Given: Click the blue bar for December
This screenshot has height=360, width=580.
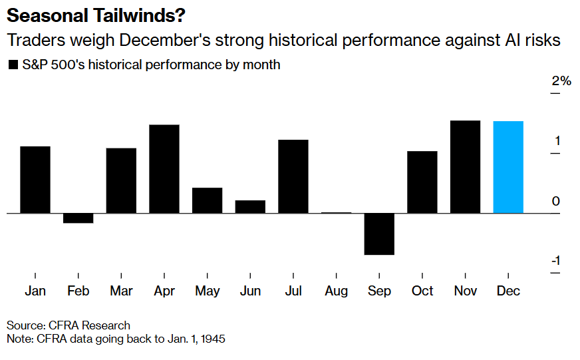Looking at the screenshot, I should point(508,167).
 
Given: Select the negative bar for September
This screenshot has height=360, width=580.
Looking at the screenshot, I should point(379,234).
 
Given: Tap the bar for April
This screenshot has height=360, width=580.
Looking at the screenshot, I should point(164,169).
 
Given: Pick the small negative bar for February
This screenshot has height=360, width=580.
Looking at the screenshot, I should point(78,218).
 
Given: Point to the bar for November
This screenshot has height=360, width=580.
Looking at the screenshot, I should point(465,167).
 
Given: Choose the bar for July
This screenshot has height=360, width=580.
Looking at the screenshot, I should point(293,176).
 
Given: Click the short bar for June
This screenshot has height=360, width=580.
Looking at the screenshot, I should point(250,206).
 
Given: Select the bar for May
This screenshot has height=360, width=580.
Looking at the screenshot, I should point(208,200).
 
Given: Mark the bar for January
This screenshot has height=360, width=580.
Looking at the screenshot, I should point(35,180).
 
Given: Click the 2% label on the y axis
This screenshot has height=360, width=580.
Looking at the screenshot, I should point(561,81).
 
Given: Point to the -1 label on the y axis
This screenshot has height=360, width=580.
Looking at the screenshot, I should point(555,261).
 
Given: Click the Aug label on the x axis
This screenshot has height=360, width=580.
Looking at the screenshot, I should point(337,291).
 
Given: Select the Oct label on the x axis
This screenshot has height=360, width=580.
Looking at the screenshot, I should point(422,291).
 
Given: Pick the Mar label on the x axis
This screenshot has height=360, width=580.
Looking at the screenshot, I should point(121,291).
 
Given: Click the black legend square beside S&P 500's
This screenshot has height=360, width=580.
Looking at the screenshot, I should point(12,65).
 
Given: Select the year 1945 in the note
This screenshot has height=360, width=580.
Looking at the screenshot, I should point(212,339).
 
